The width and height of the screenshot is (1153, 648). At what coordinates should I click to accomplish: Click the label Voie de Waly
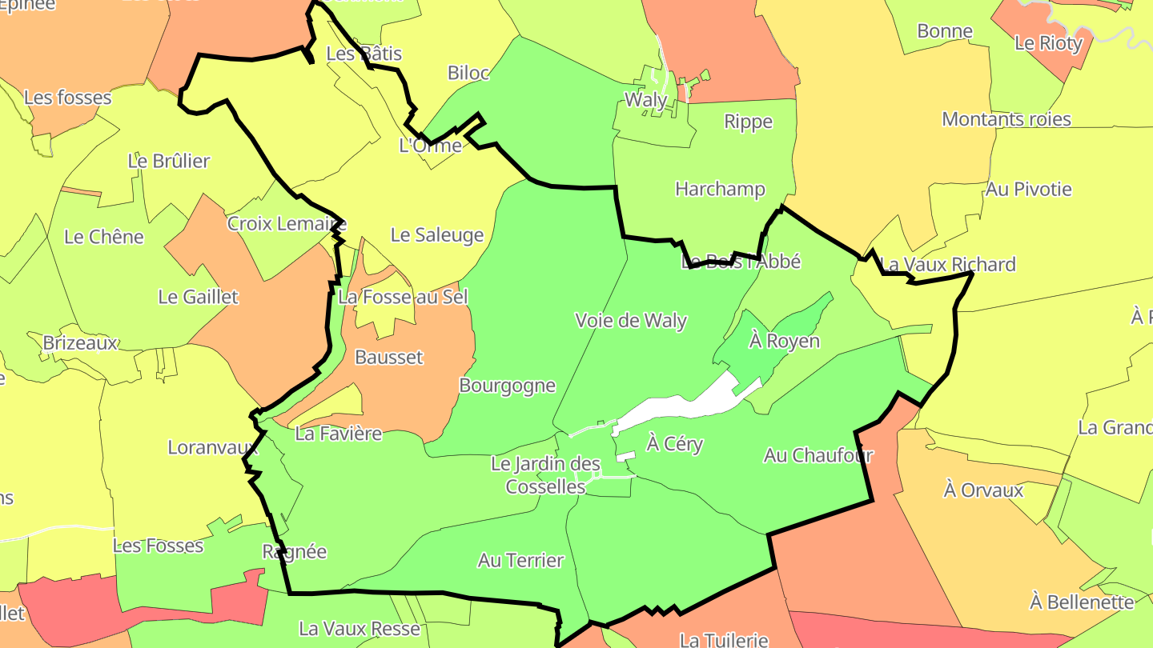631,321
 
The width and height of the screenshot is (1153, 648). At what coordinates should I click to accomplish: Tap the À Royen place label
785,341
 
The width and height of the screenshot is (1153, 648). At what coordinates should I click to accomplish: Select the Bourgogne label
507,386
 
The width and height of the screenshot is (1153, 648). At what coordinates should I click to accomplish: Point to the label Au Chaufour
818,455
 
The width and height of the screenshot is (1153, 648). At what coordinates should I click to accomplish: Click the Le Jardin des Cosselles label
545,475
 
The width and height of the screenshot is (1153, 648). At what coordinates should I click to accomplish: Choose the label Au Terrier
520,561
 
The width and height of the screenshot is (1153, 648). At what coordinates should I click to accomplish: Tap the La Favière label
339,434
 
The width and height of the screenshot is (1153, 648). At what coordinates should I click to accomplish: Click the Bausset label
388,357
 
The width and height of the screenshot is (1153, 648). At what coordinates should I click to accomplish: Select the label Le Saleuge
437,235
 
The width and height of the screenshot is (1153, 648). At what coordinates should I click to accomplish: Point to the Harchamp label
720,190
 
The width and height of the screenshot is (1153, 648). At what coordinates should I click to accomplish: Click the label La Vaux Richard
948,264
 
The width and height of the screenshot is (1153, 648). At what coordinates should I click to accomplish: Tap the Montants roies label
1006,119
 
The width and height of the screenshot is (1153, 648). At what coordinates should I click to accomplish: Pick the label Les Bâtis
364,54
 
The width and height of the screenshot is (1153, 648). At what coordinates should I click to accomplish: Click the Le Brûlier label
168,161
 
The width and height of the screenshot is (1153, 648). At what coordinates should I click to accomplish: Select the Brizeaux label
80,343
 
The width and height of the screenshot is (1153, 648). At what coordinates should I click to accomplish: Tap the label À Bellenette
1082,602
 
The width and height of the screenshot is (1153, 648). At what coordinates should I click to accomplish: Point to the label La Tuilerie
723,639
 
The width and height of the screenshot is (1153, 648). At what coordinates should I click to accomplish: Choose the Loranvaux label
214,447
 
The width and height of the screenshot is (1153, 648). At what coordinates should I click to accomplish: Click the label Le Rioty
1048,43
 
